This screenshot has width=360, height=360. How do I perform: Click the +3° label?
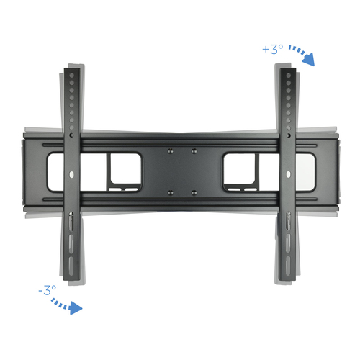[x=273, y=49]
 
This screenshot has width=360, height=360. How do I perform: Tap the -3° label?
[x=48, y=290]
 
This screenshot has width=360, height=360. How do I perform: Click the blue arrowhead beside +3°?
[x=309, y=60]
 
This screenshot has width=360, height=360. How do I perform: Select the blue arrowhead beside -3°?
[x=76, y=308]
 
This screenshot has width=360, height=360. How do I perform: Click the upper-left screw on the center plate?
[x=171, y=151]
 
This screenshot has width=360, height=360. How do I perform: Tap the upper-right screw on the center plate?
[x=194, y=151]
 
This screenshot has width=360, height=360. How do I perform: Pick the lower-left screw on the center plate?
[x=171, y=192]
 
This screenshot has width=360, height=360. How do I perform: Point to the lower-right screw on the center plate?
[x=194, y=192]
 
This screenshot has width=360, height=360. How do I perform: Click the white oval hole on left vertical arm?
[x=71, y=174]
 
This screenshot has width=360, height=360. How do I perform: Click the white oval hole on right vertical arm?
[x=289, y=174]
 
